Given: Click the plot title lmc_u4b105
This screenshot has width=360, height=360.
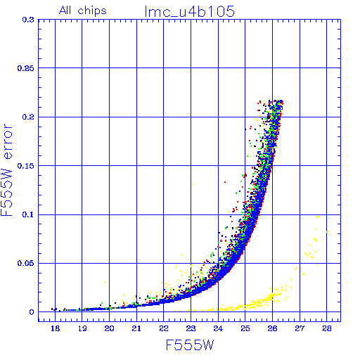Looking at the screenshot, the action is pos(190,11).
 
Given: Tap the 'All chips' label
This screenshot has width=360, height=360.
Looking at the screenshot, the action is pos(83,11).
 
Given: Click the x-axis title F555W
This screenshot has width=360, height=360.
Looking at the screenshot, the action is pos(190,345).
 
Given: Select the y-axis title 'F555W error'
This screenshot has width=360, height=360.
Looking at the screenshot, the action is pos(7,169).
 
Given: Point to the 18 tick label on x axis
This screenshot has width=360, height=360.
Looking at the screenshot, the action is pos(55,328).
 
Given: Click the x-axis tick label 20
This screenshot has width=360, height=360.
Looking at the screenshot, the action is pos(109,328).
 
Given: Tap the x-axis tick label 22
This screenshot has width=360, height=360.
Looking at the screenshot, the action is pos(164,328).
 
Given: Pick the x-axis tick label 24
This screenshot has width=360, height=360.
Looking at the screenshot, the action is pos(218,328).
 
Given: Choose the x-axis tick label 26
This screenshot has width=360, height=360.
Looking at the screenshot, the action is pos(272,328).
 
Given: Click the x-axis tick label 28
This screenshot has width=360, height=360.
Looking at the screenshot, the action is pos(327,328).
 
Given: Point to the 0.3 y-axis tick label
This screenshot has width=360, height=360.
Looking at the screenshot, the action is pos(28,20).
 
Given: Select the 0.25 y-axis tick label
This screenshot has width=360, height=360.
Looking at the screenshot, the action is pos(26,68).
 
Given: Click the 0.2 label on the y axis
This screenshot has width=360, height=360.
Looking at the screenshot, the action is pos(28,117).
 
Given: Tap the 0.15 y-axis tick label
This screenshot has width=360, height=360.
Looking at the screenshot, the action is pos(26,166).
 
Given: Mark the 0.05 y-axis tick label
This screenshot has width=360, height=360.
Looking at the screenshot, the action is pos(26,263).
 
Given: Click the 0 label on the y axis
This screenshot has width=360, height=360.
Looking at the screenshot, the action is pos(32,312).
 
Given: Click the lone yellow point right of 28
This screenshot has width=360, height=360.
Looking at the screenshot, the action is pos(327,232).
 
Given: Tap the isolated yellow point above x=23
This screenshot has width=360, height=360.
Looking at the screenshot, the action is pos(193,184).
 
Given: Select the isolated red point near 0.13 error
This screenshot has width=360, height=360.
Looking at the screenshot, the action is pos(225,182).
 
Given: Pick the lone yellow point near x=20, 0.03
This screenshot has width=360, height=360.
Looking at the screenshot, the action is pos(105,282).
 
